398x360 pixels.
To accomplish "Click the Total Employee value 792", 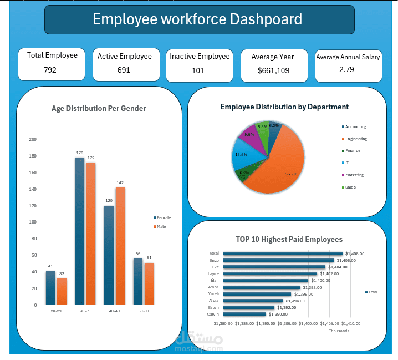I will pyautogui.click(x=50, y=70).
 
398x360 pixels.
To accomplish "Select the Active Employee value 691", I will pyautogui.click(x=124, y=70).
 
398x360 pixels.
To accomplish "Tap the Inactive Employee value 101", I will pyautogui.click(x=198, y=70).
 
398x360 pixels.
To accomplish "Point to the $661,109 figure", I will pyautogui.click(x=273, y=70).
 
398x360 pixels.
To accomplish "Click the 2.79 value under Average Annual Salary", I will pyautogui.click(x=346, y=69).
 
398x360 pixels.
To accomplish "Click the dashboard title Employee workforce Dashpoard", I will pyautogui.click(x=197, y=19).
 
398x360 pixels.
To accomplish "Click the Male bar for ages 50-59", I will pyautogui.click(x=149, y=283).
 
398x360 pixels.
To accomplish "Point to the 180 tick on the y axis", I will pyautogui.click(x=33, y=156).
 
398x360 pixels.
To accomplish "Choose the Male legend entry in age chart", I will pyautogui.click(x=161, y=226).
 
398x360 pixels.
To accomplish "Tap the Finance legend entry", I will pyautogui.click(x=353, y=150).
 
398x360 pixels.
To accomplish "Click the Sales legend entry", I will pyautogui.click(x=350, y=187).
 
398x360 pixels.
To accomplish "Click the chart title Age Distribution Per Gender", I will pyautogui.click(x=99, y=109).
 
